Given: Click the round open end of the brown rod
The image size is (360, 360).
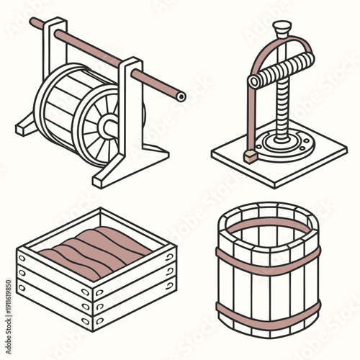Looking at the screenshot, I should (181, 96).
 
